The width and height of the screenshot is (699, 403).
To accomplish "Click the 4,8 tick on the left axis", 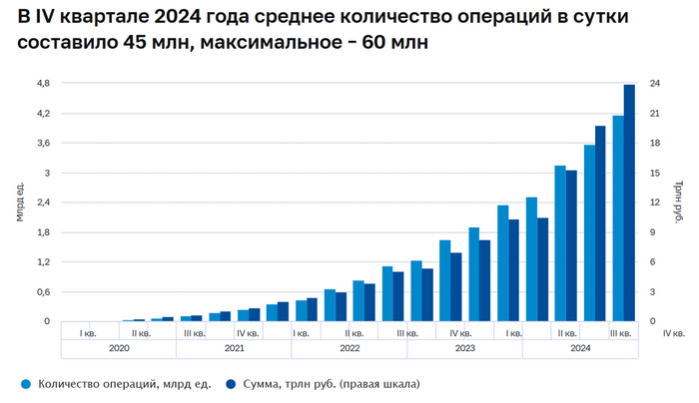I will pos(43,84).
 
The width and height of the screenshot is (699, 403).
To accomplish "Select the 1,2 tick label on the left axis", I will pos(43,262).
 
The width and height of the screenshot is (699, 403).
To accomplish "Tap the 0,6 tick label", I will pos(43,291).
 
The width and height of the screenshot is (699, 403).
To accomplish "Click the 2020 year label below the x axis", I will pos(119,349).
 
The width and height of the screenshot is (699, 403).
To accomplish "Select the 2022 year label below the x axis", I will pos(349,349).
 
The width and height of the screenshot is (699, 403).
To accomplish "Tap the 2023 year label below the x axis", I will pos(464,349).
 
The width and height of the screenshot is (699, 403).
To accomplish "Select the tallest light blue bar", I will pos(618,218).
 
